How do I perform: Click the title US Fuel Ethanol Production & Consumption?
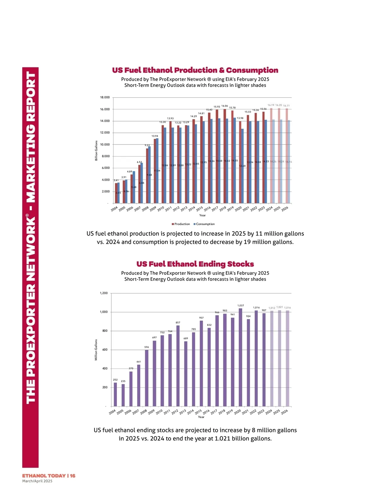[x=195, y=70]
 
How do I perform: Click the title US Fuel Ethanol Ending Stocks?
[x=195, y=264]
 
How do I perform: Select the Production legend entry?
[x=181, y=224]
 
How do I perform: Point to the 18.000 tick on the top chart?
[x=105, y=97]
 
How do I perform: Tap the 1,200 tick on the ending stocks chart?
[x=104, y=293]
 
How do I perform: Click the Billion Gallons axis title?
[x=96, y=151]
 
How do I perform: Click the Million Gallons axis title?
[x=96, y=350]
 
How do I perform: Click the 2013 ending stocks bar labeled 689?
[x=186, y=374]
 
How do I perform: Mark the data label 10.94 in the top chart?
[x=155, y=136]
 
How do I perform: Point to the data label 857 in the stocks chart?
[x=178, y=322]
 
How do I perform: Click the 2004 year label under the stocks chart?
[x=112, y=412]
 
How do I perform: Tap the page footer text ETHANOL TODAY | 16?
[x=49, y=475]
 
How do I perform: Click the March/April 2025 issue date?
[x=37, y=481]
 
